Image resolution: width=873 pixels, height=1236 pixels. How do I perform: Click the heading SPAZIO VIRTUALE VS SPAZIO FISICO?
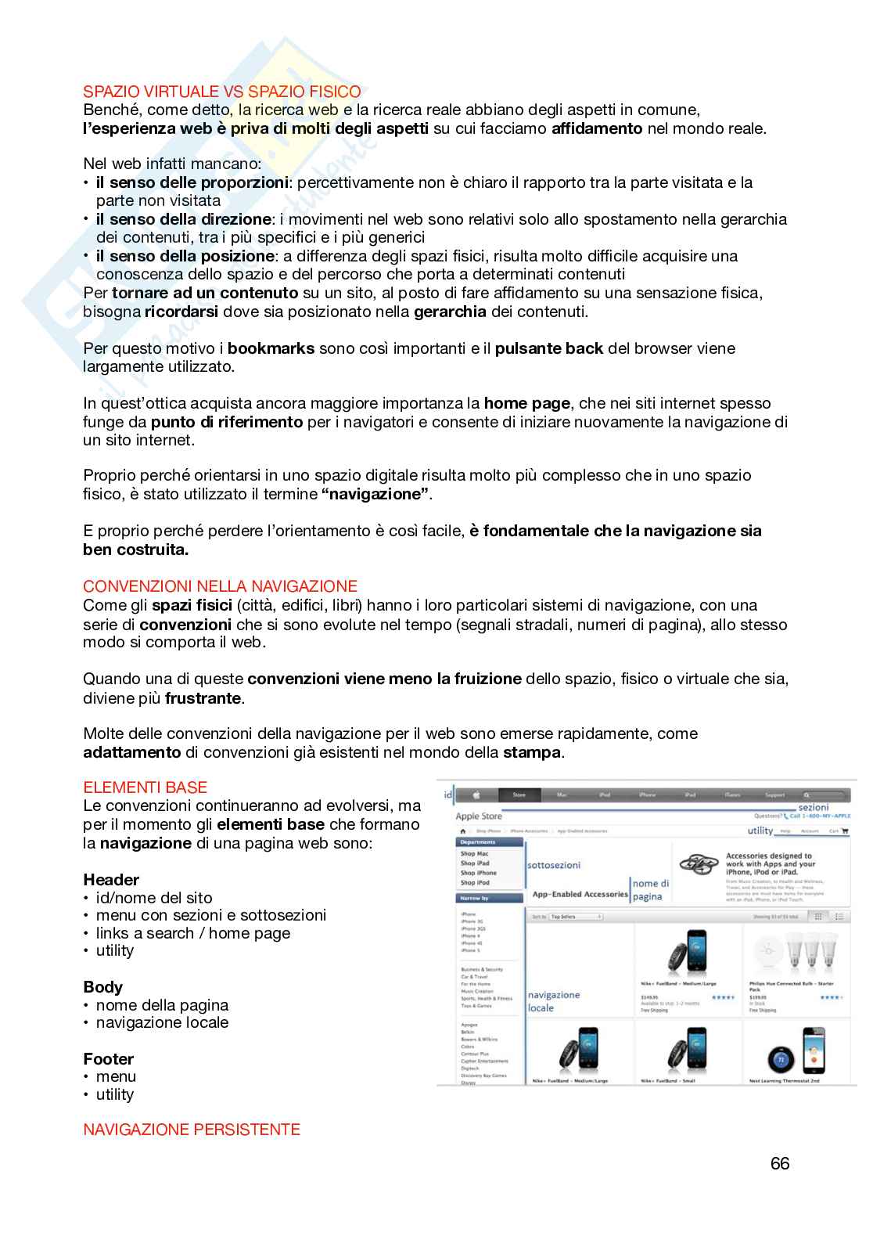222,92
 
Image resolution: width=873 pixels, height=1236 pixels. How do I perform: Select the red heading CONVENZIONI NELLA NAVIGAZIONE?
220,586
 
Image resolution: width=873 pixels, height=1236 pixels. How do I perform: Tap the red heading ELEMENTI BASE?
145,787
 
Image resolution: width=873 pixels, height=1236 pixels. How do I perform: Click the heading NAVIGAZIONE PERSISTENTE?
192,1129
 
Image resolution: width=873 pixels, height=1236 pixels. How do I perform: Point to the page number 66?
780,1163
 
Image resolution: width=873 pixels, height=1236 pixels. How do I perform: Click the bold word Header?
111,880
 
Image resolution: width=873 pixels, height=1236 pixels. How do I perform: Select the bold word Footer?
108,1059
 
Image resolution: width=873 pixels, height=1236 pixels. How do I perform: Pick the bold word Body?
102,987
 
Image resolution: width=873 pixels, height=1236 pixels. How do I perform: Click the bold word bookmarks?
271,348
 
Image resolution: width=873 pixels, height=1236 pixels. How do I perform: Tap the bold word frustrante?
203,698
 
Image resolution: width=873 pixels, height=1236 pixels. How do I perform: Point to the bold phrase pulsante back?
549,348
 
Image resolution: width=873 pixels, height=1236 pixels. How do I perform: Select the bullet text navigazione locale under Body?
162,1022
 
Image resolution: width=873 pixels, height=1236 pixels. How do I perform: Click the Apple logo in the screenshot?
476,795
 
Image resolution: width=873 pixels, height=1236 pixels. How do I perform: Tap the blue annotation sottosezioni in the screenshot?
554,866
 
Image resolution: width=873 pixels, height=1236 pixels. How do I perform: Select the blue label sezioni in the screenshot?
813,807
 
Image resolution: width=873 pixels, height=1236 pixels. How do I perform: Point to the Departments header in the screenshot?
478,842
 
